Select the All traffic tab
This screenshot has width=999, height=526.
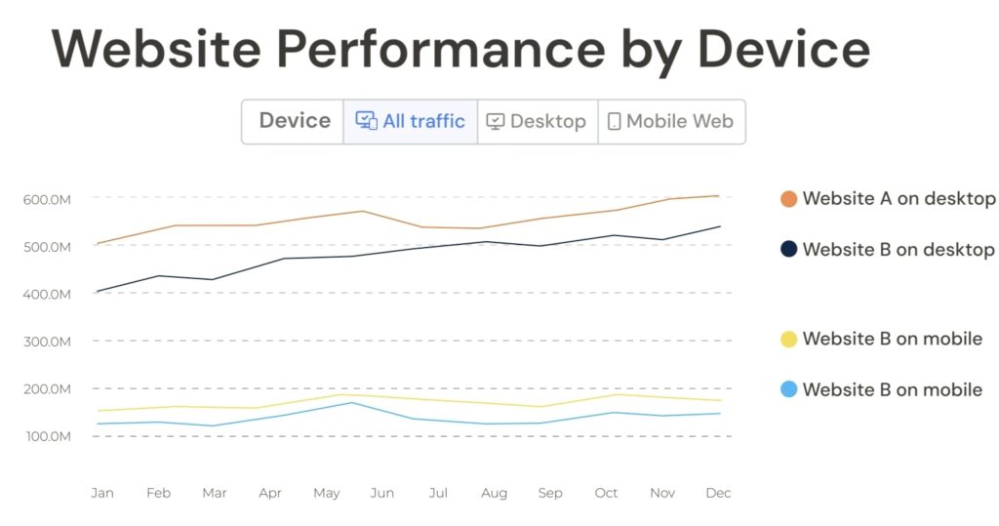pos(411,122)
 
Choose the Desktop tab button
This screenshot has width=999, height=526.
pos(538,122)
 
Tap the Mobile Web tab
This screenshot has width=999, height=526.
pos(671,122)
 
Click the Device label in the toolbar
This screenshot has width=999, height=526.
pos(295,121)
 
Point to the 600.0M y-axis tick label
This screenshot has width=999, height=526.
pos(48,199)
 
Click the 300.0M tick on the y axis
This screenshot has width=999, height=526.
pos(48,342)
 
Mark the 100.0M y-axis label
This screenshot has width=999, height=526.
pos(48,436)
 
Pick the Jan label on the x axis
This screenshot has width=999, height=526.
pos(101,493)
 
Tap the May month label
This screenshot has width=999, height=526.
pos(326,493)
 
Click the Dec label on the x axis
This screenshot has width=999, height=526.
pos(718,493)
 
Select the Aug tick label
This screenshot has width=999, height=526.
pos(494,493)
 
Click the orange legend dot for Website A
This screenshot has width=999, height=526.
pos(788,199)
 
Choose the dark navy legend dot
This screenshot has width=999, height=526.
pos(788,250)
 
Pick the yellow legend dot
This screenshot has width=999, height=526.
pos(788,340)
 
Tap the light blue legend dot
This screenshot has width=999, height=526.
pos(788,390)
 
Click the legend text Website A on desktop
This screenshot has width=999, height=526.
pos(899,199)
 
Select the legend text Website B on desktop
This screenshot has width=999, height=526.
pos(899,250)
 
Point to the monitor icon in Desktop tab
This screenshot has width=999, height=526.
pos(496,122)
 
